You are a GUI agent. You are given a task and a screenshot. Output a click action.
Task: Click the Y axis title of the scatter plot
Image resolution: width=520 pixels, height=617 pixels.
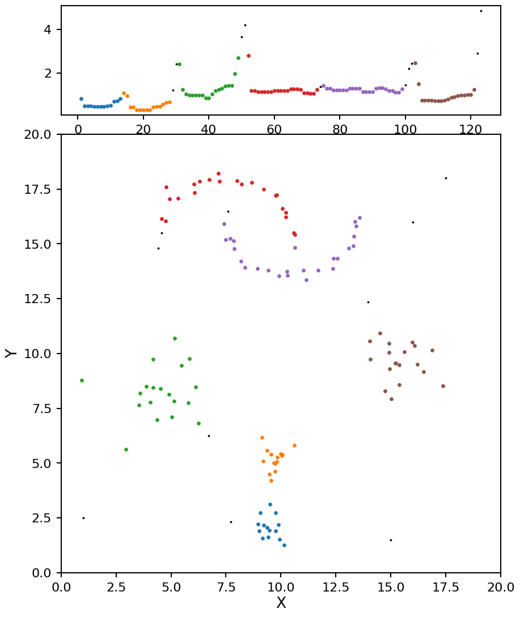(x=10, y=353)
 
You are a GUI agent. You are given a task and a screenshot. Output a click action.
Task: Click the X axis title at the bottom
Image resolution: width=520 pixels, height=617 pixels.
(x=281, y=603)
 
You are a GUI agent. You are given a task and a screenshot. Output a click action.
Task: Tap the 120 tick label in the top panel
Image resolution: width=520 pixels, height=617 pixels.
(x=471, y=129)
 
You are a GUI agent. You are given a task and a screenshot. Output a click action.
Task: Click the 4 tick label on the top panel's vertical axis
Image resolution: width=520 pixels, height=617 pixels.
(x=50, y=29)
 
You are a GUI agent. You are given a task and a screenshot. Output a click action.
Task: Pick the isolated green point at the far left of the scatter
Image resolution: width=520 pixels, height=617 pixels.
(x=82, y=380)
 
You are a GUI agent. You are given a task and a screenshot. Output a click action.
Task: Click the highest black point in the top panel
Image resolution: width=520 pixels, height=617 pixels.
(x=481, y=11)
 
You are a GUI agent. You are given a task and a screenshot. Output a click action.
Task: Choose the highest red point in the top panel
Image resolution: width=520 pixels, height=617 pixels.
(x=248, y=56)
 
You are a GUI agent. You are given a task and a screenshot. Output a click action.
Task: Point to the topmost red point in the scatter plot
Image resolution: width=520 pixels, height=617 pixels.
(x=218, y=173)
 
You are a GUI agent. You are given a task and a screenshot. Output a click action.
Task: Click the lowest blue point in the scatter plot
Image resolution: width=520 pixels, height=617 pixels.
(x=284, y=545)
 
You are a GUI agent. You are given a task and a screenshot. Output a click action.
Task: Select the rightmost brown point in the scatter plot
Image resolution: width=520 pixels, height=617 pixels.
(x=443, y=386)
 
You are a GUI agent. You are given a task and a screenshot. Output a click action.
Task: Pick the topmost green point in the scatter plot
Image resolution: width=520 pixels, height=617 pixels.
(x=175, y=338)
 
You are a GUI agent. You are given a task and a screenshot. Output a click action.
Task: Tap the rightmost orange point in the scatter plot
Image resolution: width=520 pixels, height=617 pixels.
(x=294, y=445)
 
